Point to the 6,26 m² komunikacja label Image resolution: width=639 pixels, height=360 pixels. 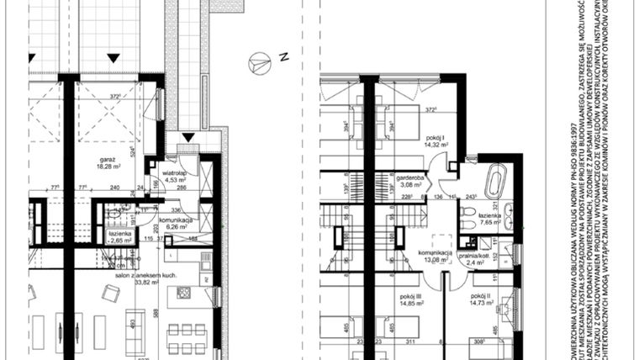(x=180, y=224)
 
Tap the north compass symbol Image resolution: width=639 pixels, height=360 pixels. (x=260, y=61)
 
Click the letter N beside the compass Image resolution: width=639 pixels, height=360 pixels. (x=284, y=57)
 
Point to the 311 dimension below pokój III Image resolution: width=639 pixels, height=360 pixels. (x=410, y=343)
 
